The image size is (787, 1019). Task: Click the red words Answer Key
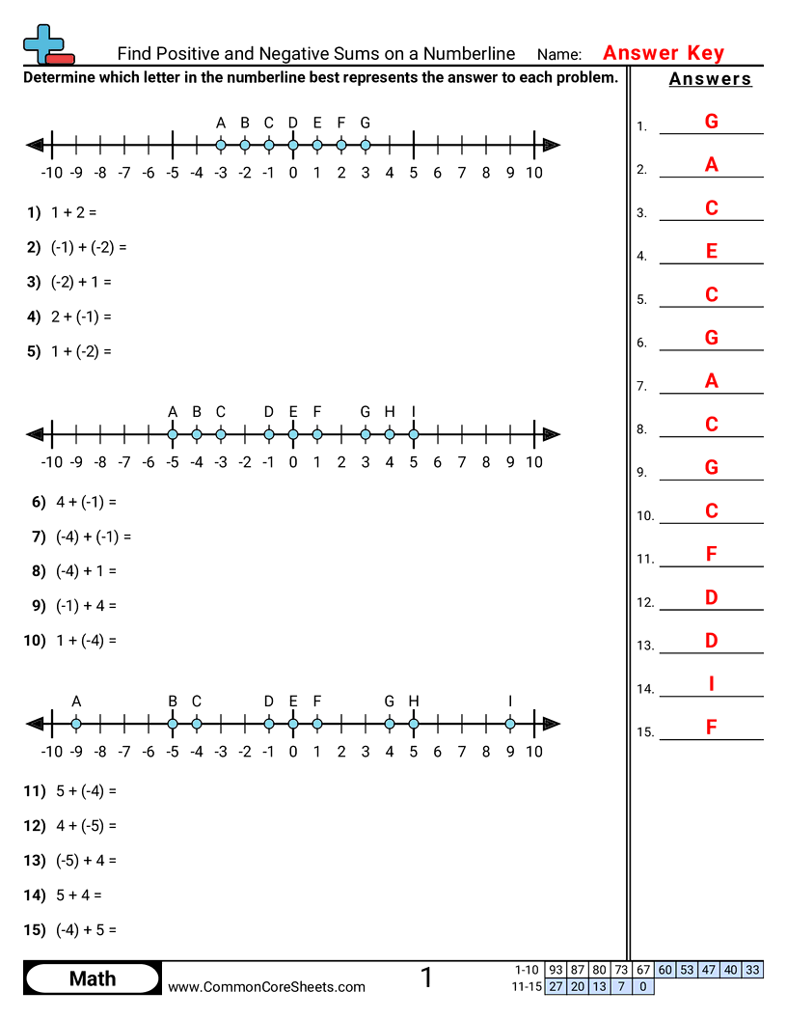tap(663, 53)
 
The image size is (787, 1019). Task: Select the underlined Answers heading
tap(710, 79)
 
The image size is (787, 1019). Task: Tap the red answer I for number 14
tap(711, 684)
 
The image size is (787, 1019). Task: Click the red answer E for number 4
tap(711, 251)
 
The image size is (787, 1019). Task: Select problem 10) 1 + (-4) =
tap(71, 640)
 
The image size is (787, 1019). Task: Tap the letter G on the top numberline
tap(365, 123)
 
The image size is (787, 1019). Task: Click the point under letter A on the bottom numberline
tap(76, 724)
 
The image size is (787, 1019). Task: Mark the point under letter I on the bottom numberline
tap(510, 724)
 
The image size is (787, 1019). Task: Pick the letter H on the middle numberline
tap(390, 412)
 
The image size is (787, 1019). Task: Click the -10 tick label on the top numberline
tap(52, 173)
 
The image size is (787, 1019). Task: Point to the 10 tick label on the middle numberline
tap(533, 462)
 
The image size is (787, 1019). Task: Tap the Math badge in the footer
tap(93, 978)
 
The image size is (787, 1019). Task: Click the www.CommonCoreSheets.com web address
tap(267, 986)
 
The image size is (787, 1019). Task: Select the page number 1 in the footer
tap(426, 978)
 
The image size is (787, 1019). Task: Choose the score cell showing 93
tap(556, 970)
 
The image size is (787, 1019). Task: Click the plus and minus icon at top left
tap(47, 44)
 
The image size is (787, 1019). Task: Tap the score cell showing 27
tap(556, 986)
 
